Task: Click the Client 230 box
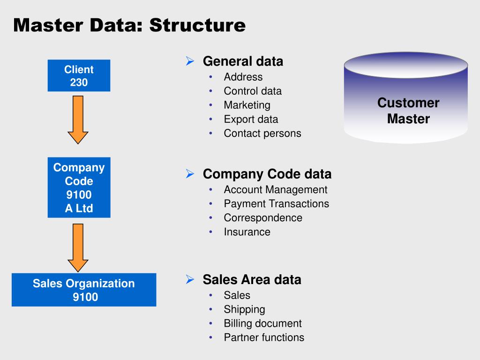[x=79, y=76]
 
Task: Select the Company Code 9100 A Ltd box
[x=79, y=187]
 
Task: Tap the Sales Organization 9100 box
[x=84, y=290]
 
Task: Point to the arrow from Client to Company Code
[x=78, y=120]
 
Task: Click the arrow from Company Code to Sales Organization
[x=78, y=247]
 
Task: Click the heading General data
[x=243, y=61]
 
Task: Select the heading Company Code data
[x=267, y=174]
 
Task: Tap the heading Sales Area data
[x=252, y=280]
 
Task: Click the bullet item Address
[x=243, y=77]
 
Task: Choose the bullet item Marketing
[x=247, y=105]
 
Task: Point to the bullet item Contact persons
[x=262, y=133]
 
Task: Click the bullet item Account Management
[x=275, y=189]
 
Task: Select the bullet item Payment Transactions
[x=276, y=203]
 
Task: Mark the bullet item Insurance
[x=247, y=232]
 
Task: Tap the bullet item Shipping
[x=244, y=309]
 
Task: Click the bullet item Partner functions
[x=264, y=337]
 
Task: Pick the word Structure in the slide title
[x=197, y=25]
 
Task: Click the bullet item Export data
[x=251, y=119]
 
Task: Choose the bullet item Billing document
[x=262, y=323]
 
